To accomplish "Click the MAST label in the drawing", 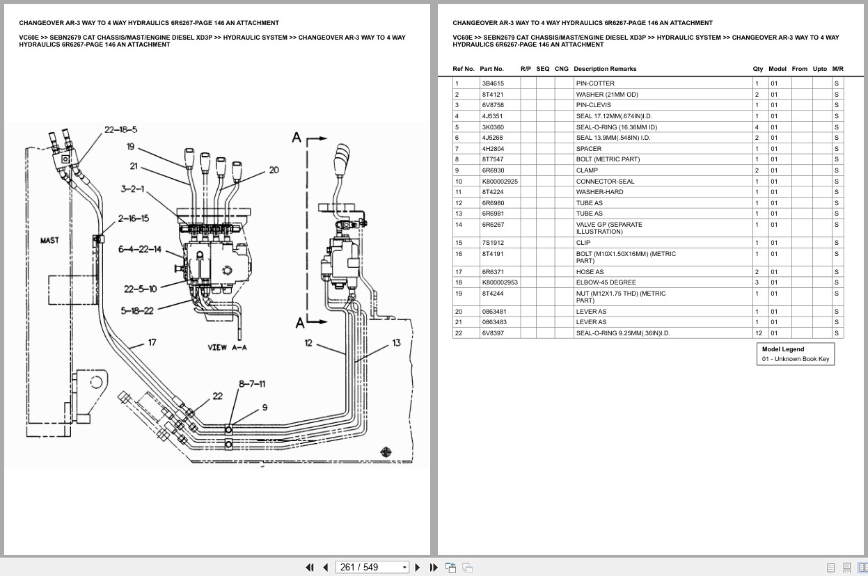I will tap(49, 241).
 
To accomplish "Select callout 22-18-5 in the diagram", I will tap(120, 129).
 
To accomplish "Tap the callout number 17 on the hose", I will tap(152, 342).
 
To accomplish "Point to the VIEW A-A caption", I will tap(227, 347).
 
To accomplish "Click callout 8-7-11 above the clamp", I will tap(252, 383).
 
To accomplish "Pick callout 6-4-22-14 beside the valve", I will tap(139, 249).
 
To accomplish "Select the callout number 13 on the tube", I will tap(396, 342).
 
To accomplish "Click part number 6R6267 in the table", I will tap(493, 225).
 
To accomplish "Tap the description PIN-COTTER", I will tap(595, 83).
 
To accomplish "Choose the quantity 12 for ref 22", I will tap(758, 333).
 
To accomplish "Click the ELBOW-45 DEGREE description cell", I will tap(606, 282).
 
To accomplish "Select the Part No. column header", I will tap(491, 69).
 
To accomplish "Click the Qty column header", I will tap(757, 69).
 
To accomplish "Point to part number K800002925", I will tap(500, 182).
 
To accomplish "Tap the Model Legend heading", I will tap(782, 349).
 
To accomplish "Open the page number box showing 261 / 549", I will tap(372, 567).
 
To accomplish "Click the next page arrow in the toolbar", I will tap(417, 567).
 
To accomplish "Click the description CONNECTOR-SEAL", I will tap(605, 182).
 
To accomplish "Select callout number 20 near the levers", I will tap(274, 170).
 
